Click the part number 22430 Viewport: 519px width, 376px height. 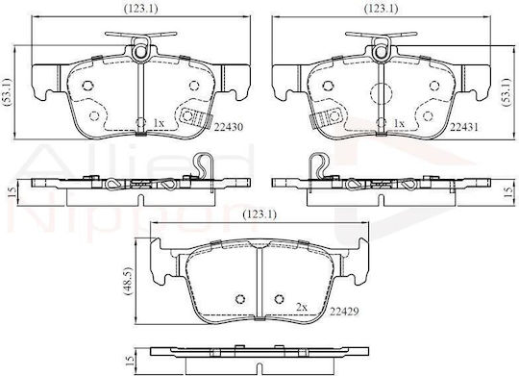click(x=229, y=127)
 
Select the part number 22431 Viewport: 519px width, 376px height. click(x=463, y=127)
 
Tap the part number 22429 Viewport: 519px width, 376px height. click(x=344, y=312)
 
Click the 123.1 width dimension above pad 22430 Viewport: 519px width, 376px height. click(x=140, y=9)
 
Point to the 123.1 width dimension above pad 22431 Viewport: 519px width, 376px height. click(x=381, y=9)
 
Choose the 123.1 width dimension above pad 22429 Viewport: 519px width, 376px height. click(x=259, y=214)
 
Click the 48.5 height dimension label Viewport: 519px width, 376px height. click(x=128, y=281)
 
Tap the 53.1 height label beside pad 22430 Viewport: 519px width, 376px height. click(x=8, y=92)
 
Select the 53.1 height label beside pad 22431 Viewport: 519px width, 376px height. click(x=507, y=92)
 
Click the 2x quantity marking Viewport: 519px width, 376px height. click(x=302, y=308)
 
